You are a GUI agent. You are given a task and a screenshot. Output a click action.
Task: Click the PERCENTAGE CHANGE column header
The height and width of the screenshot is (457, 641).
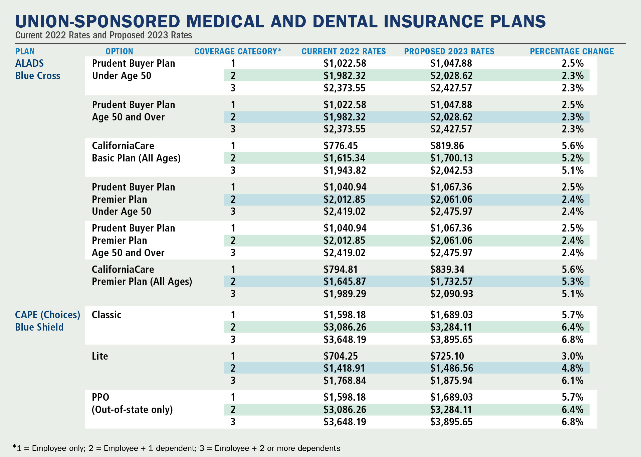572,51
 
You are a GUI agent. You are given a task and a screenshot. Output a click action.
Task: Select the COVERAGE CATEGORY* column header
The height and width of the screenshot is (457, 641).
238,51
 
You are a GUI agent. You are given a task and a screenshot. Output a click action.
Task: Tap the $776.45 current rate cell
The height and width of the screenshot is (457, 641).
341,146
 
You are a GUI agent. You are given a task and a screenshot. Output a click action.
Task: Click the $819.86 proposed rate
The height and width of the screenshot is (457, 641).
447,146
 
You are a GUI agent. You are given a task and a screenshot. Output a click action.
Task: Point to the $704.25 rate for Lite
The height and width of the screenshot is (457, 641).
341,356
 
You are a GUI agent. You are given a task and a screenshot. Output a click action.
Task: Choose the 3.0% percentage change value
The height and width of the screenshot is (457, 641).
573,356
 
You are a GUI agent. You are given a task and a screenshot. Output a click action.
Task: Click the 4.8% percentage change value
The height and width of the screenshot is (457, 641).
573,368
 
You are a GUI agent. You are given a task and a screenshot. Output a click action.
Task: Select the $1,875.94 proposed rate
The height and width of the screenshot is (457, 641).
451,381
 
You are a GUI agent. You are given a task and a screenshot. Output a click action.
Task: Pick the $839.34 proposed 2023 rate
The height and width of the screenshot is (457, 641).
447,270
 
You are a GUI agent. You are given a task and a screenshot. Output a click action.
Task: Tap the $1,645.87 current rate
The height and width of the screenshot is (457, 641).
345,282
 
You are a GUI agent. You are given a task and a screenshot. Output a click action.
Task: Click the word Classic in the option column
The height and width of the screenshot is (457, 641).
106,315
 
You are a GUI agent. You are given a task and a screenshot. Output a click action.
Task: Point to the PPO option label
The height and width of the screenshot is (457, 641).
100,397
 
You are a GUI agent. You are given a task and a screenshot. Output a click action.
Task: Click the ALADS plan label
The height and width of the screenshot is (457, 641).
29,63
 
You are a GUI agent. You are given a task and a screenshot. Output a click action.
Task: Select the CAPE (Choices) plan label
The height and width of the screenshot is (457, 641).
47,315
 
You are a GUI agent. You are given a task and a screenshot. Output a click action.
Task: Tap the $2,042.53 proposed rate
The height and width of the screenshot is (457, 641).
451,170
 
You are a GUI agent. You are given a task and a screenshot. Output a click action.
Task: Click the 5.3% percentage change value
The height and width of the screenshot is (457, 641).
573,282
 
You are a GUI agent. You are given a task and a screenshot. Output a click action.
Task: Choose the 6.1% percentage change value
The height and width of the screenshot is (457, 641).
573,381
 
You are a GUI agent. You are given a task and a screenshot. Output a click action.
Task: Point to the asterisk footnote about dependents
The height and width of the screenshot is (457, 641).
176,448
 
